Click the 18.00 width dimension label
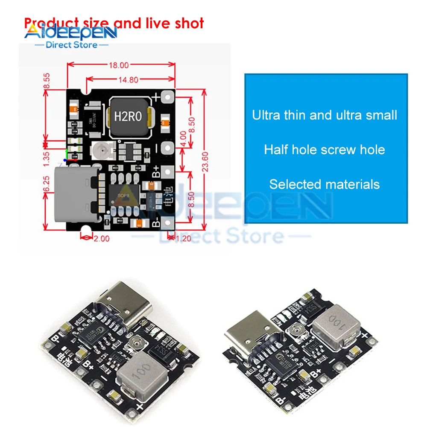tap(118, 65)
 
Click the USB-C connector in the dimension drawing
tap(77, 196)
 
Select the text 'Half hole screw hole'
tap(325, 150)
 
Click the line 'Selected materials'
tap(325, 184)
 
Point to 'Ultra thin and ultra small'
tap(325, 115)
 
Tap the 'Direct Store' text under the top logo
tap(71, 44)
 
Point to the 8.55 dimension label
tap(47, 81)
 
